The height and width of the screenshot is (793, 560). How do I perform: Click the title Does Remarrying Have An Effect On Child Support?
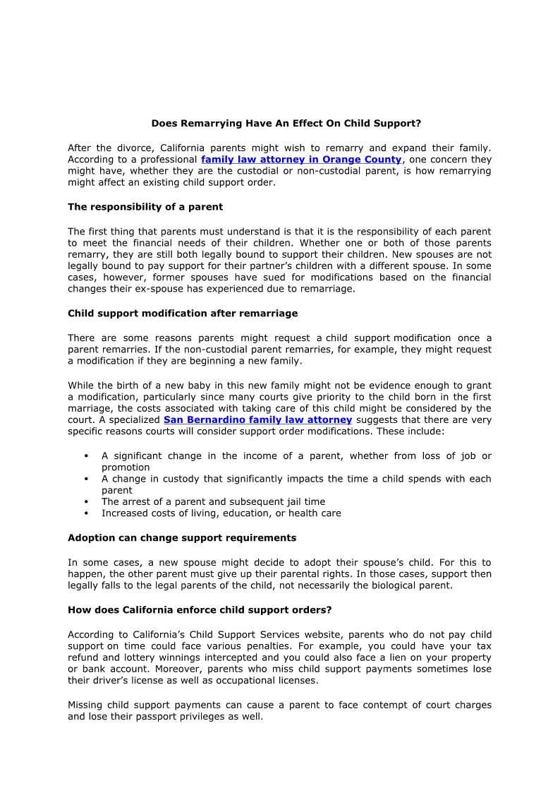(286, 123)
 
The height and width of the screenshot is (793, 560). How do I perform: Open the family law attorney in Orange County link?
(301, 160)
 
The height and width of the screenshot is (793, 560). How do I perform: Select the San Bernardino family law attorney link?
(257, 419)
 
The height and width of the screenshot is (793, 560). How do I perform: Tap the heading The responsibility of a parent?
(145, 207)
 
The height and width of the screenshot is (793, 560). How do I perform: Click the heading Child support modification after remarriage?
(183, 313)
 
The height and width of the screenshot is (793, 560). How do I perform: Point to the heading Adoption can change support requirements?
(182, 537)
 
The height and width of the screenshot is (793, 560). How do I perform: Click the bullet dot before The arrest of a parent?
(85, 502)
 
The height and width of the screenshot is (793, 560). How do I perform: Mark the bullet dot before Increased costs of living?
(85, 513)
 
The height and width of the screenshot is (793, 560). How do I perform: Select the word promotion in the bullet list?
(126, 467)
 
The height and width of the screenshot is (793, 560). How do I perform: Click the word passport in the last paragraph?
(166, 716)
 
